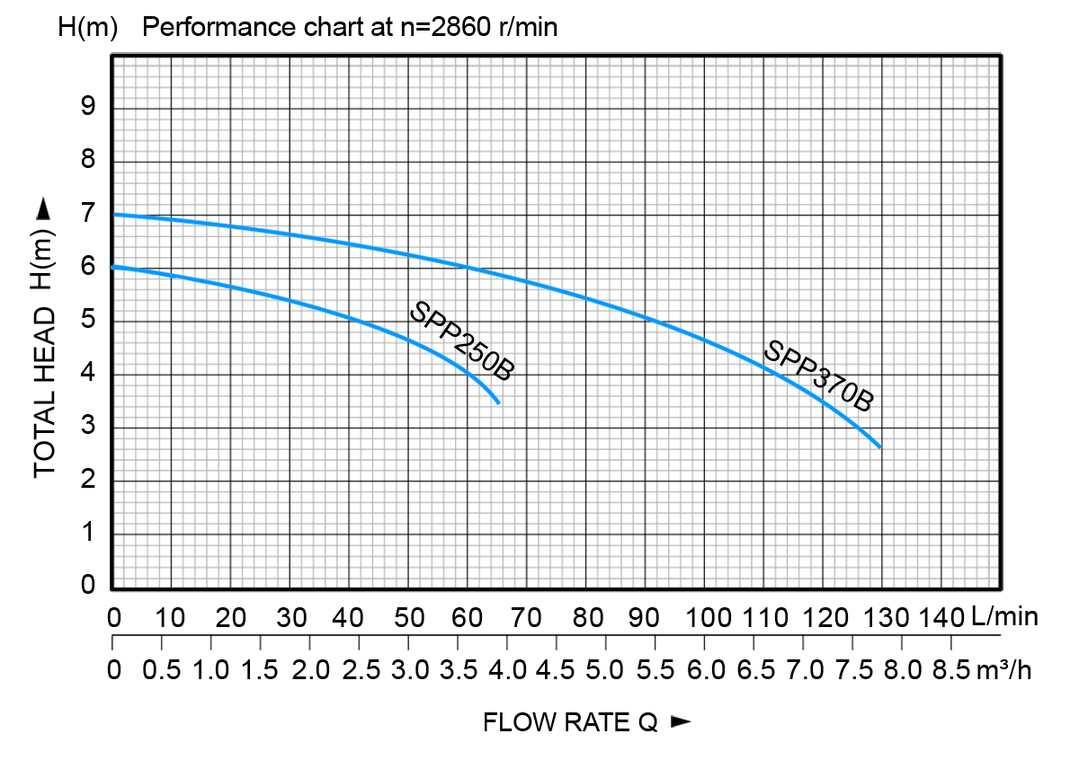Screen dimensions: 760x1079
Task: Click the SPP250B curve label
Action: click(x=461, y=341)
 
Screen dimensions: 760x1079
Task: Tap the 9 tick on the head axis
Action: click(x=89, y=108)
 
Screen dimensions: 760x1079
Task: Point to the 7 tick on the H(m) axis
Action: click(x=89, y=215)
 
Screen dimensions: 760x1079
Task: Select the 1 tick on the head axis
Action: click(x=89, y=534)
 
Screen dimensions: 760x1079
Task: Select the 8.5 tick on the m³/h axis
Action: click(x=951, y=670)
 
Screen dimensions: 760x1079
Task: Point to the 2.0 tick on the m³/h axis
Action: click(x=310, y=670)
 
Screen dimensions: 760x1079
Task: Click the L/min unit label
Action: click(x=1004, y=618)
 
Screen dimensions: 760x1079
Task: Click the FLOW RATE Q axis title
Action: click(x=571, y=722)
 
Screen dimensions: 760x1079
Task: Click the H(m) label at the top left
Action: click(x=88, y=27)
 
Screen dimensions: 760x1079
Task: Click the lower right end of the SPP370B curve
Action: click(x=880, y=446)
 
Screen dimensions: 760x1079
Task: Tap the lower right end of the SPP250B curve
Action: click(x=498, y=403)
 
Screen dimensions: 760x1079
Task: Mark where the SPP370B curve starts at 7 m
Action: click(x=112, y=215)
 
